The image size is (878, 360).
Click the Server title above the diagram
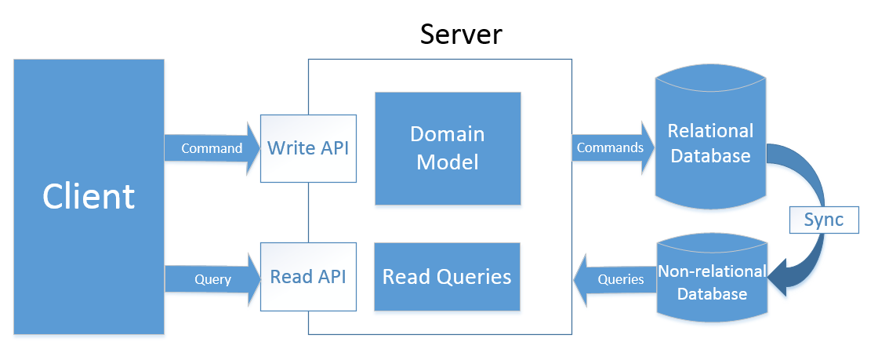[x=461, y=35]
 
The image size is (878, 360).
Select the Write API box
[x=307, y=148]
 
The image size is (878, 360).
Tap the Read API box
[x=307, y=277]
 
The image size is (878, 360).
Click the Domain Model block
[x=447, y=148]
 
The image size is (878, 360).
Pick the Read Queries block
[x=447, y=277]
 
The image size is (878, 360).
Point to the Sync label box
[x=823, y=220]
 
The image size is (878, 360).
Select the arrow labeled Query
[x=212, y=279]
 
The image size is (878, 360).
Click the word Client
[x=89, y=196]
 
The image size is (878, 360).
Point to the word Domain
[x=447, y=134]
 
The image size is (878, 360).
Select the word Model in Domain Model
[x=447, y=162]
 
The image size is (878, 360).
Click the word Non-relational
[x=712, y=271]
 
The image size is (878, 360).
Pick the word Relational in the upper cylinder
[x=710, y=131]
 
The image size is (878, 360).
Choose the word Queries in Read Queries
[x=477, y=277]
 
